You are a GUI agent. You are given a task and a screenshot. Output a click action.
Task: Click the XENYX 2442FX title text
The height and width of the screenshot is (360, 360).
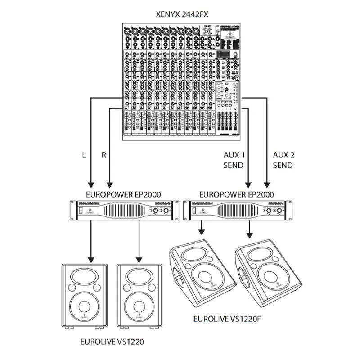(180, 14)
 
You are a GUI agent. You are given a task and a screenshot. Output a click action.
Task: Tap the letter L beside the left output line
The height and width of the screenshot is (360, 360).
(84, 155)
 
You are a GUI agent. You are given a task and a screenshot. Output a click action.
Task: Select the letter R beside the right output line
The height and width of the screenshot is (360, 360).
(104, 155)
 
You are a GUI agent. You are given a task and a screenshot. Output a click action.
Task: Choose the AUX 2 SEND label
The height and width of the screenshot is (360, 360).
(283, 160)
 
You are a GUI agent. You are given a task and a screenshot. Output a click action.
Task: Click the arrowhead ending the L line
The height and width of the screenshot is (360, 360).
(90, 184)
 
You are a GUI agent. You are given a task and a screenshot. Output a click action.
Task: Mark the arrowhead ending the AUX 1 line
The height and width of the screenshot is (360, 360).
(247, 184)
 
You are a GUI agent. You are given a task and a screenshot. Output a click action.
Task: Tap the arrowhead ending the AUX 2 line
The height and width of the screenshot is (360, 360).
(266, 184)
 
